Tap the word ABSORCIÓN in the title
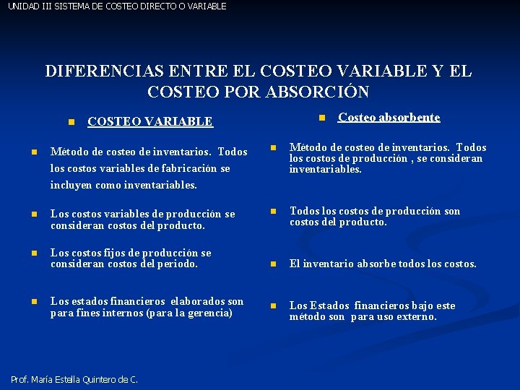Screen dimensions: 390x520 tap(318, 92)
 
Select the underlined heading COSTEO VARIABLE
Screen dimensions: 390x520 tap(149, 122)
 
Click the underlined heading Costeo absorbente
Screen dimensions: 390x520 tap(389, 117)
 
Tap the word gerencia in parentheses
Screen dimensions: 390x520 tap(208, 313)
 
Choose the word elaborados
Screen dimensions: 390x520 tap(199, 301)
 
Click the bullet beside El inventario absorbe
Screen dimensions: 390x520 tap(274, 264)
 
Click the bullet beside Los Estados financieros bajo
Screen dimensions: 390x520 tap(274, 306)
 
